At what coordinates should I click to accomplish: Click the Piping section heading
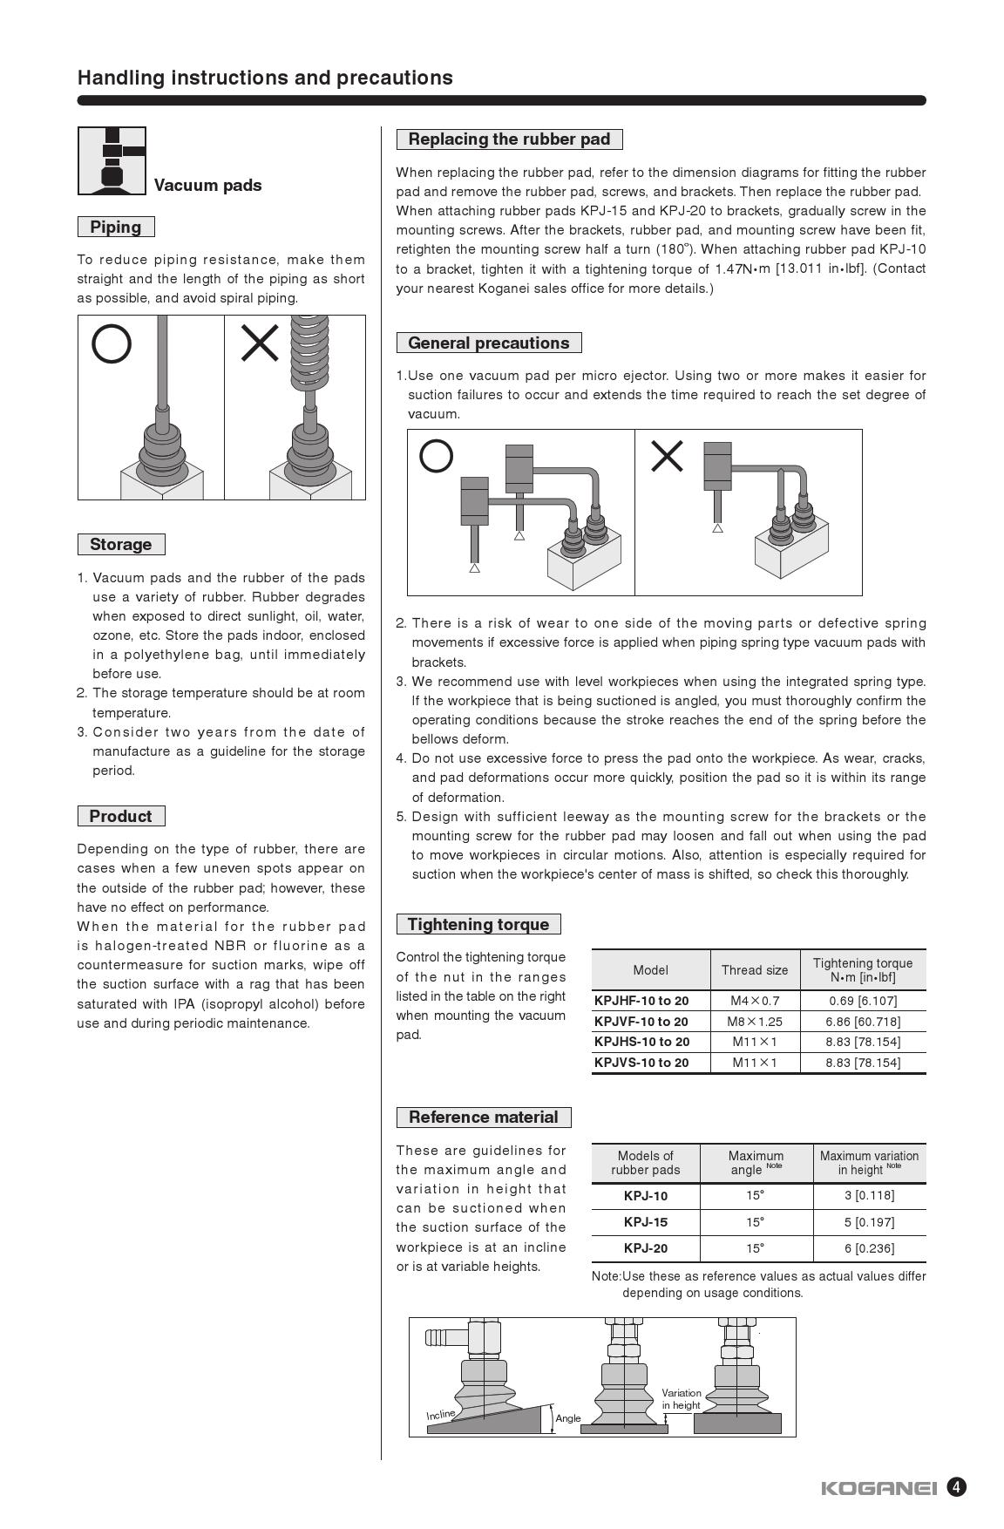pos(116,227)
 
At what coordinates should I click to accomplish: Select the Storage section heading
pos(121,544)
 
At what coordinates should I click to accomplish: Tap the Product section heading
pos(120,816)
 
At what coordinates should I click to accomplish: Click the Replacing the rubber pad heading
pos(509,139)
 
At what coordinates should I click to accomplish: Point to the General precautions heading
pos(488,343)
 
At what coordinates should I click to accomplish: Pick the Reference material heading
pos(483,1117)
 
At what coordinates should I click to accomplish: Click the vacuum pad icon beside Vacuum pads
pos(112,161)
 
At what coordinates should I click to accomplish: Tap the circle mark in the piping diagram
pos(112,343)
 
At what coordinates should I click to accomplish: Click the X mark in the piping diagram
pos(260,343)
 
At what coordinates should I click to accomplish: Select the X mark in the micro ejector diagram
pos(667,456)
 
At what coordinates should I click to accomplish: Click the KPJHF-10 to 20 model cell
pos(641,1001)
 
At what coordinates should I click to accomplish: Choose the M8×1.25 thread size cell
pos(755,1021)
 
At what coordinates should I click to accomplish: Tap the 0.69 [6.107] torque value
pos(862,1001)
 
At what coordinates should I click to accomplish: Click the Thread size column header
pos(755,969)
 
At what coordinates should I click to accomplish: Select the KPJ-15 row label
pos(646,1222)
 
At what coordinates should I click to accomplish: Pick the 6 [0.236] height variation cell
pos(869,1248)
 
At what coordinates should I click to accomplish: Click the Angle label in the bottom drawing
pos(568,1418)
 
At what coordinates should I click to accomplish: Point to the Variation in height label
pos(682,1399)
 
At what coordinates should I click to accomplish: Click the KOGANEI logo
pos(878,1488)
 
